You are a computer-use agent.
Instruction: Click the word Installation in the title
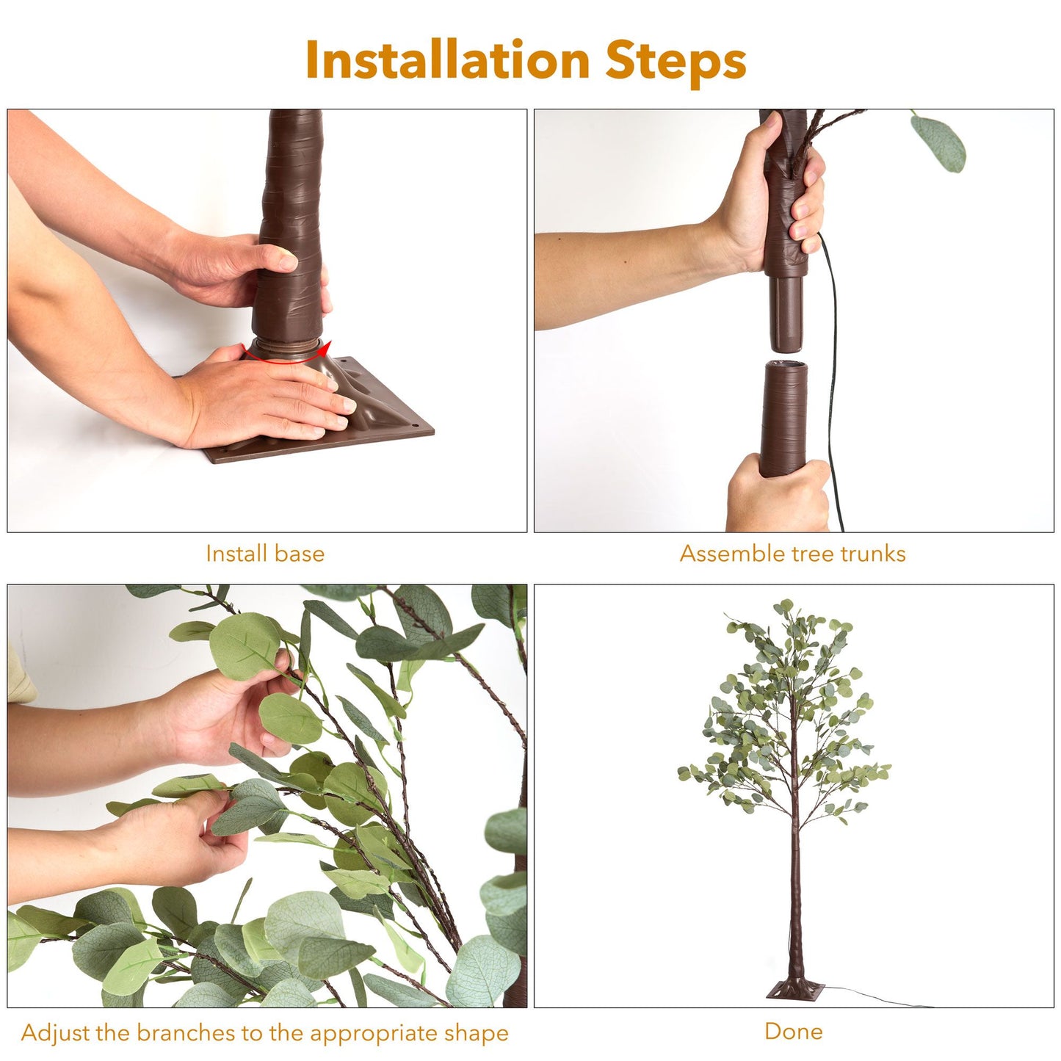[x=448, y=59]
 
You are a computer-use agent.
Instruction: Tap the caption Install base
[x=265, y=554]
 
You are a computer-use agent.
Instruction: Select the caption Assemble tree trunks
[x=793, y=554]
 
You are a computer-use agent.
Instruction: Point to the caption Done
[x=794, y=1031]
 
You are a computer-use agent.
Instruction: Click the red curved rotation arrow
[x=286, y=353]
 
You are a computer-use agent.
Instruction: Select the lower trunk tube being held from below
[x=783, y=419]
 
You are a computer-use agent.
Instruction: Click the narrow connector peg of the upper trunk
[x=786, y=313]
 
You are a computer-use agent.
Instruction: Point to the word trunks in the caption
[x=871, y=554]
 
